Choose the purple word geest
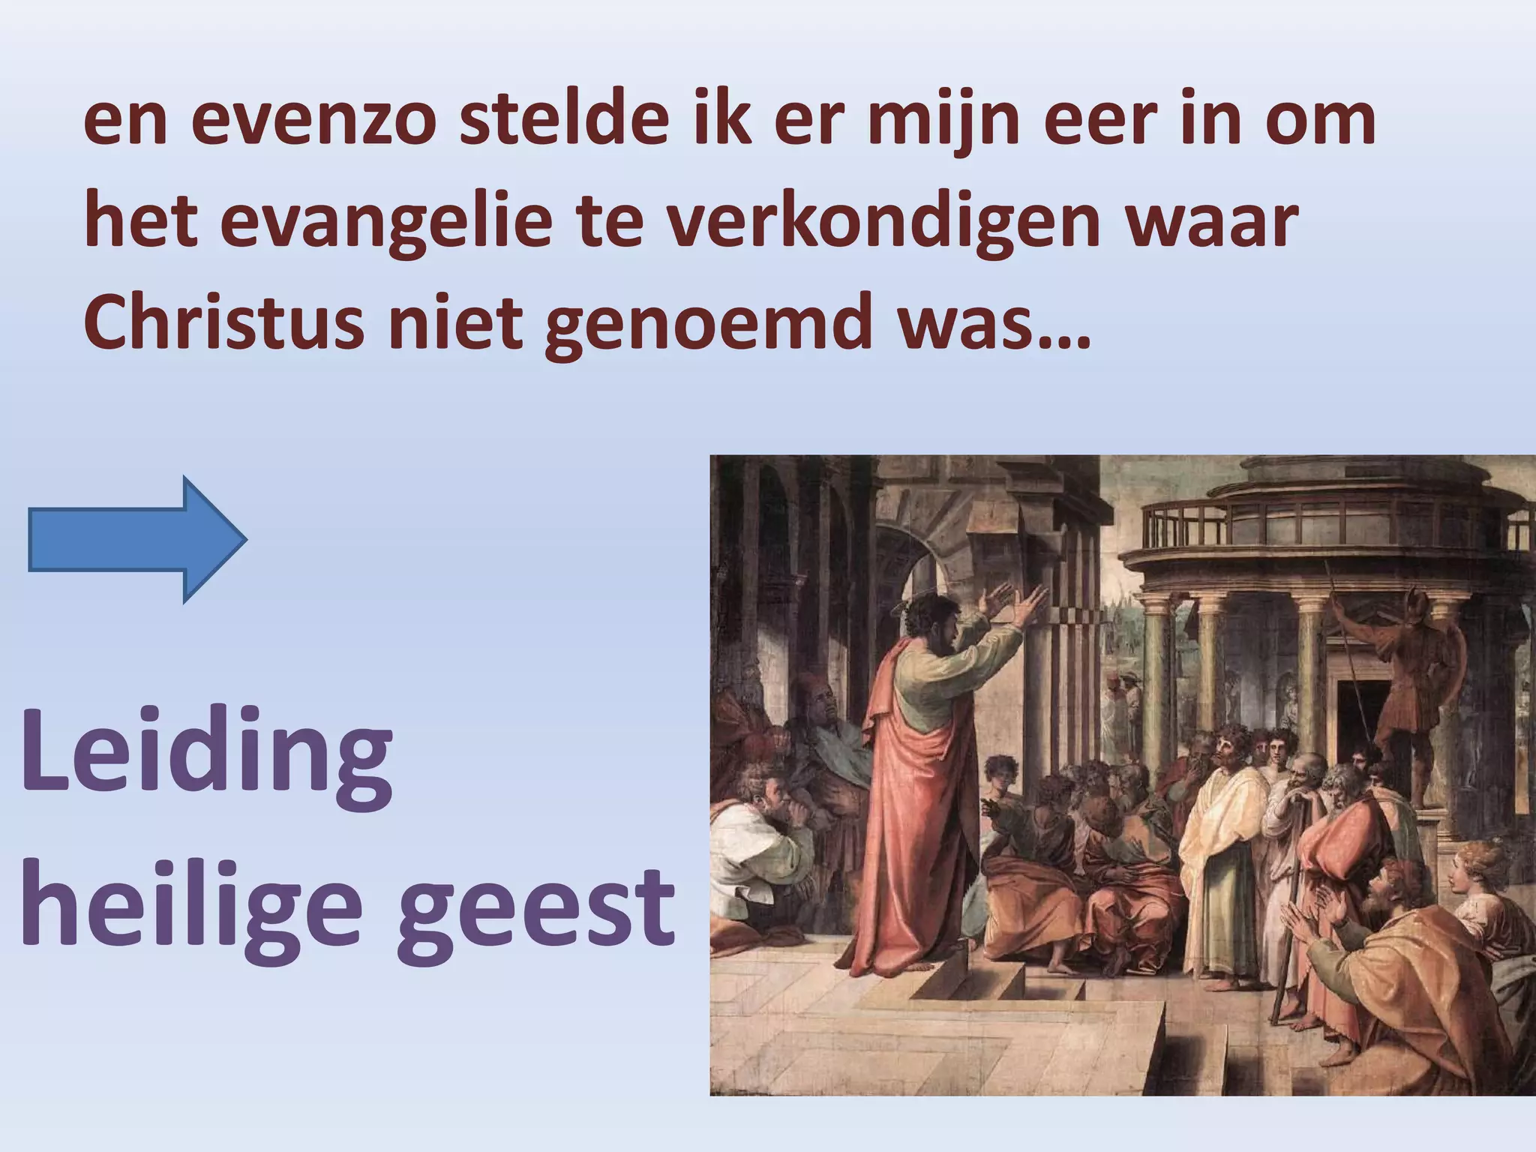(535, 907)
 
